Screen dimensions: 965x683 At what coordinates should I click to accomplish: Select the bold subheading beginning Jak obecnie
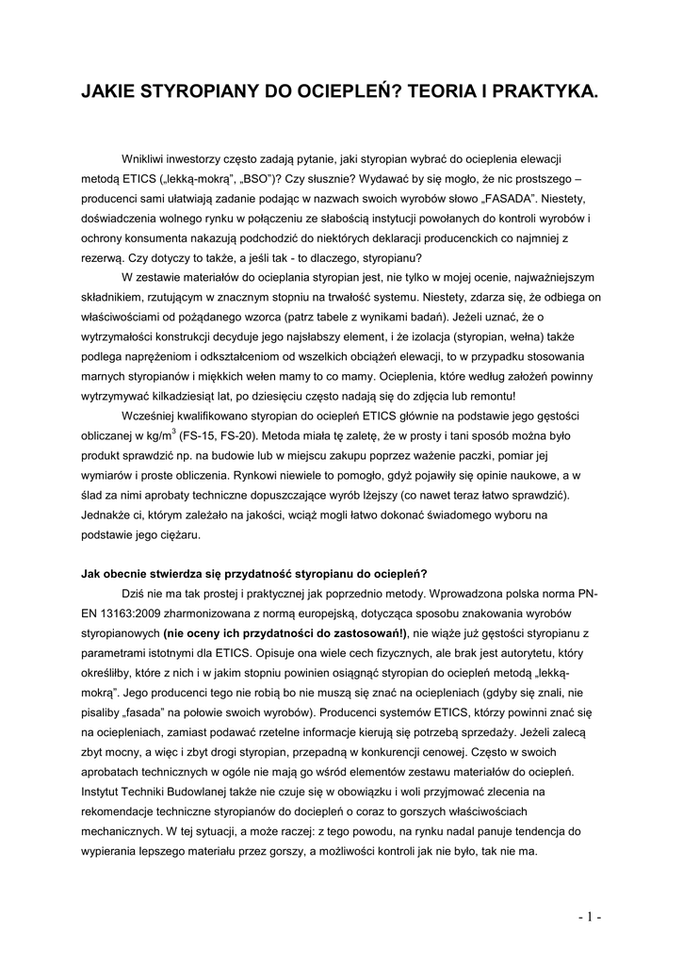pyautogui.click(x=254, y=574)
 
